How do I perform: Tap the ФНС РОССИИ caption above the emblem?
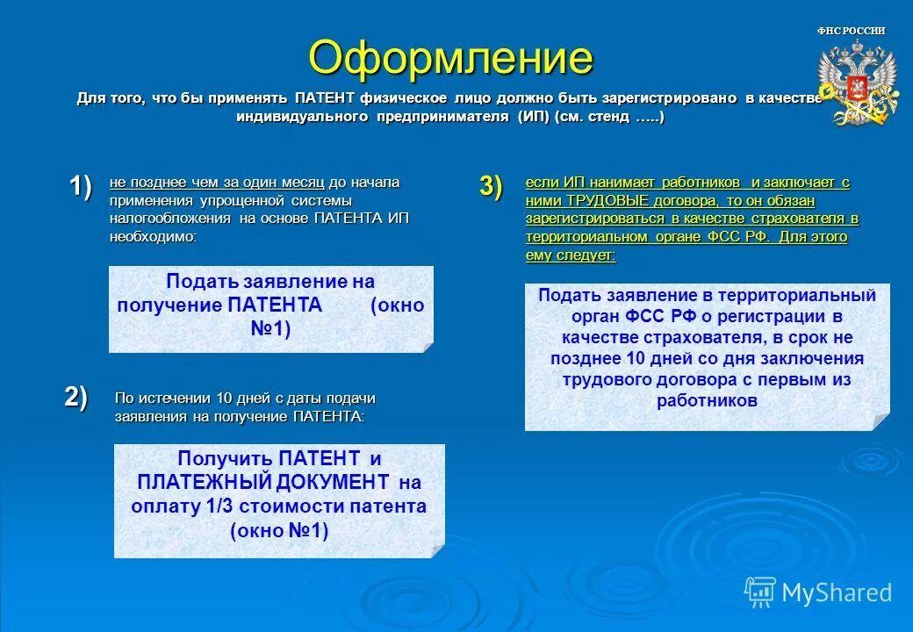click(851, 31)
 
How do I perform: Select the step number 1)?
click(80, 186)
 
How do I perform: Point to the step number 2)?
click(76, 397)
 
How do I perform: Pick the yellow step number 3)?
click(491, 186)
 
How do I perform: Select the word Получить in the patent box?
click(226, 458)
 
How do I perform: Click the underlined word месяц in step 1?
click(302, 183)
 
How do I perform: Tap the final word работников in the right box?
click(707, 400)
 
